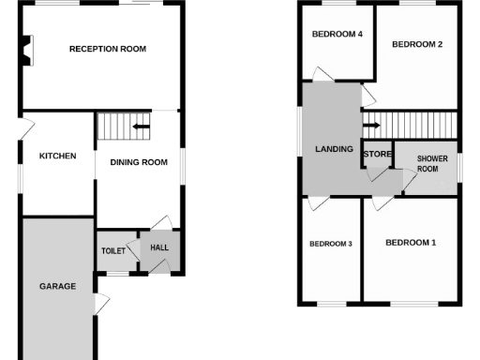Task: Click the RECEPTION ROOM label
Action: coord(108,49)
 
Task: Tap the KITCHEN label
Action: coord(57,157)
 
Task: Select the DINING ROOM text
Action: coord(139,162)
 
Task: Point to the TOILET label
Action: coord(113,251)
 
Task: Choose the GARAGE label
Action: coord(57,286)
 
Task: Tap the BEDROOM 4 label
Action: coord(337,35)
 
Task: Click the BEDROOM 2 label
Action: coord(417,44)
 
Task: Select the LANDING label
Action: coord(334,149)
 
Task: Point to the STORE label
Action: coord(377,154)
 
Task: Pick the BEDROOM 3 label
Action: coord(330,245)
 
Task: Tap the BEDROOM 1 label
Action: coord(412,243)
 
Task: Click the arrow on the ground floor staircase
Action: coord(141,127)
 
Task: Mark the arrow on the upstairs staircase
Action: coord(371,123)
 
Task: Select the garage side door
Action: coord(101,304)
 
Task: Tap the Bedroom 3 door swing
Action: coord(317,199)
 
